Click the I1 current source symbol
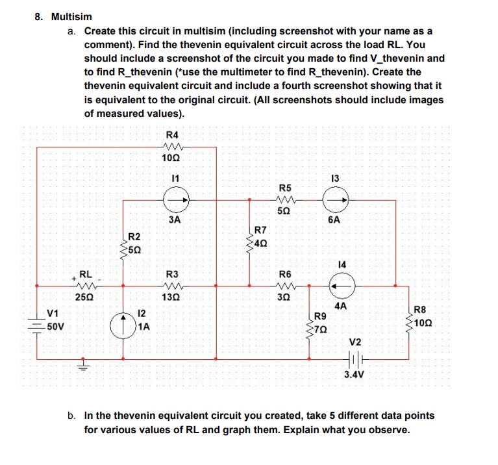pos(177,200)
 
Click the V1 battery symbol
pos(36,323)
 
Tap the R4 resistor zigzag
pos(173,146)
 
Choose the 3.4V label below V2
pos(355,375)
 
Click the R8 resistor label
pos(421,309)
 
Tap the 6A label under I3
pos(334,220)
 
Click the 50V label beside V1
pos(55,326)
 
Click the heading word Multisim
pos(71,16)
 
